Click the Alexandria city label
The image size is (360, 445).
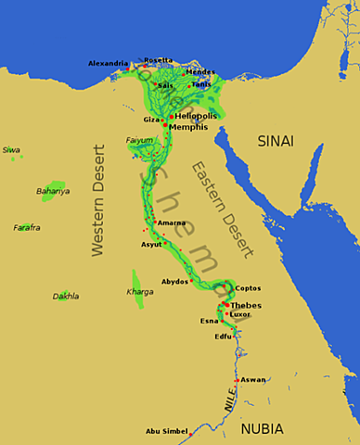pos(108,63)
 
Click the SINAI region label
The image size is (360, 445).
pos(276,141)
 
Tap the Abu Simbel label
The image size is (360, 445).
pos(166,432)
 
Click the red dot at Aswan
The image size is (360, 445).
pos(238,380)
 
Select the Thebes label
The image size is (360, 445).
pos(246,304)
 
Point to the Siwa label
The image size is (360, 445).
pos(11,148)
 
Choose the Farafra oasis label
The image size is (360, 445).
pos(27,228)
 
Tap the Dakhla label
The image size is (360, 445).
pos(66,298)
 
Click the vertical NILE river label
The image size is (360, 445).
pos(229,400)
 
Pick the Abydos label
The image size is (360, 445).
pos(174,281)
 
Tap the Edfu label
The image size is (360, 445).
pos(223,337)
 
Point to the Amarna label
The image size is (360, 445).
pos(172,222)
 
